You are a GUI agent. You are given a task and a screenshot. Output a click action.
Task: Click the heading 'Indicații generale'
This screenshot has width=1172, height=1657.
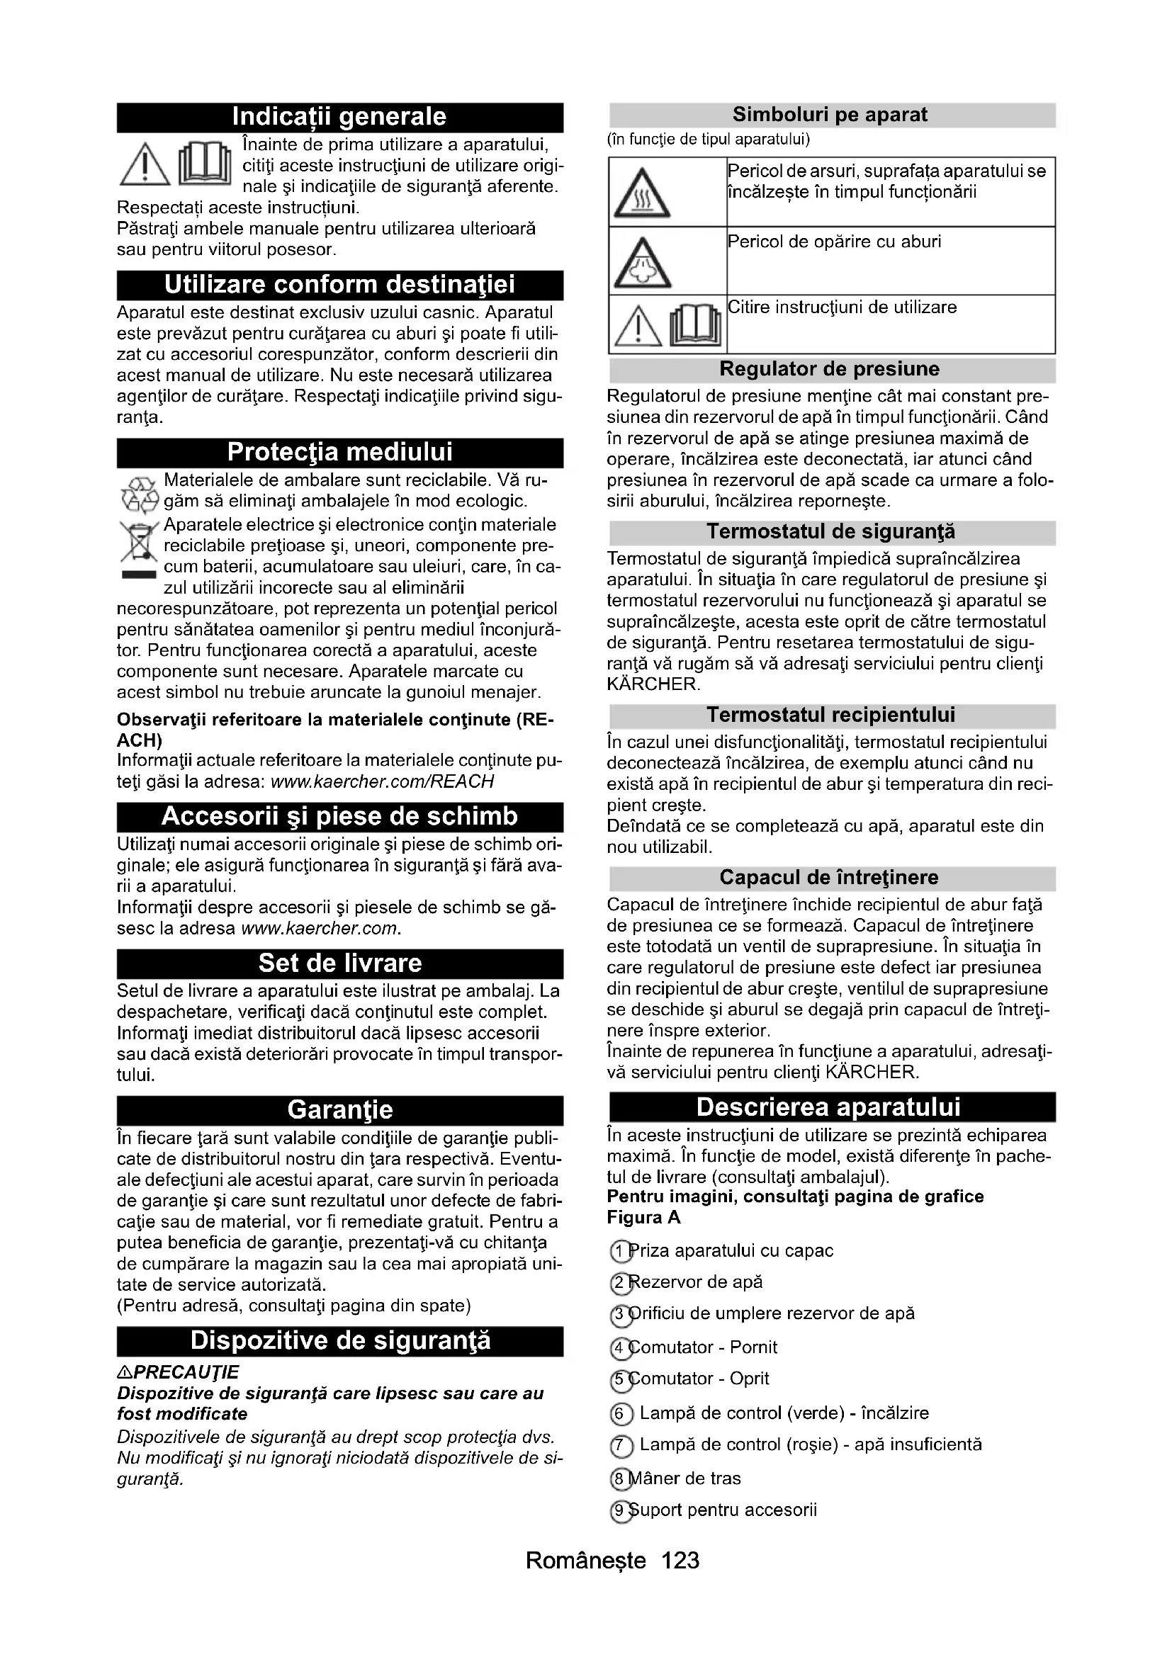click(339, 117)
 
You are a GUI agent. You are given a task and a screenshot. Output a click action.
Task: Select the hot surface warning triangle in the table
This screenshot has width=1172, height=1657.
click(641, 193)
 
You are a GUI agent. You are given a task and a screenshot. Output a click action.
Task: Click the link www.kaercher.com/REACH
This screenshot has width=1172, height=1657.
click(382, 781)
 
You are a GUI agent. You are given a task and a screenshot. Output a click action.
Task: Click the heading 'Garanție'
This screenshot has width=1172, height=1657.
click(339, 1110)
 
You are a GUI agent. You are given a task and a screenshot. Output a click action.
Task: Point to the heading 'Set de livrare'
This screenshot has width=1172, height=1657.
click(339, 963)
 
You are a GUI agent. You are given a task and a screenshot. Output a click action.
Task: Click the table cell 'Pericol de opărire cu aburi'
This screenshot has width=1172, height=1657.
click(834, 242)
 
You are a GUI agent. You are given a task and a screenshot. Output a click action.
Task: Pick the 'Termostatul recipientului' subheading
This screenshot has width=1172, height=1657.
click(830, 716)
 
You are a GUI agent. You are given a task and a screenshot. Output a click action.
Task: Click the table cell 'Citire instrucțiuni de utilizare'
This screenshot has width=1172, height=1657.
click(843, 307)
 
